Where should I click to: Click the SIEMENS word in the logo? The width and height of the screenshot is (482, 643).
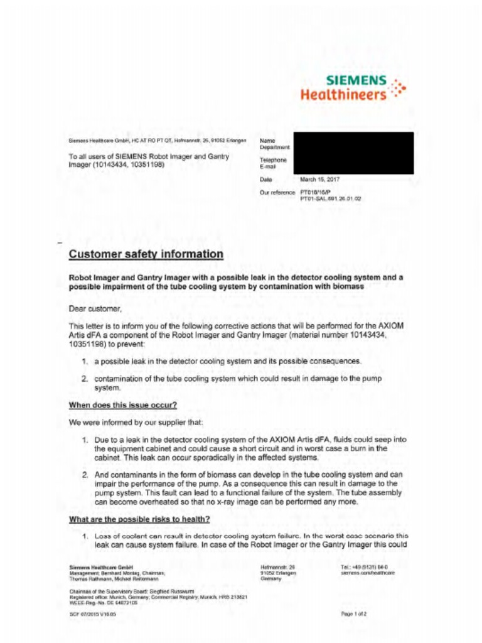[356, 81]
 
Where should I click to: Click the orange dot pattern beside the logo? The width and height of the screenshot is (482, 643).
[397, 89]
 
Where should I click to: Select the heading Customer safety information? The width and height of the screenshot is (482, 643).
[146, 254]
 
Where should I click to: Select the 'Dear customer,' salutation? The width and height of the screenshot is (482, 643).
[95, 308]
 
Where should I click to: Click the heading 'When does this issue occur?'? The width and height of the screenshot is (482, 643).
[122, 405]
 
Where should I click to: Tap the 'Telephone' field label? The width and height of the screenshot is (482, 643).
[273, 160]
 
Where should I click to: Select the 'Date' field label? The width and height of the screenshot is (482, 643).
[265, 180]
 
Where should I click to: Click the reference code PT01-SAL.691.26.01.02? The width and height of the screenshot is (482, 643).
[331, 198]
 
